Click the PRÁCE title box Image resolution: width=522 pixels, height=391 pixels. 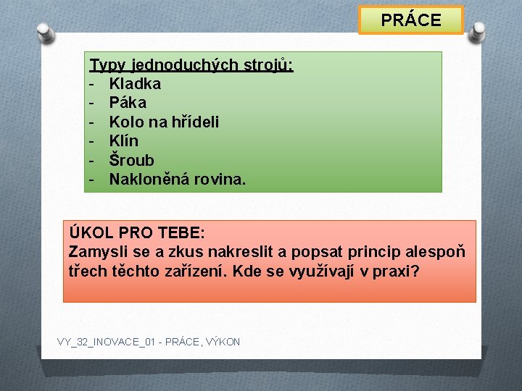tap(411, 20)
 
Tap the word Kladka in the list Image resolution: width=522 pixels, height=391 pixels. tap(135, 84)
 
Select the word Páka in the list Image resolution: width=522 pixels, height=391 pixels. tap(128, 103)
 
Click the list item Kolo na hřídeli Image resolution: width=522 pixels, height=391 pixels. tap(164, 122)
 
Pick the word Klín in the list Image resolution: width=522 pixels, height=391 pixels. tap(124, 140)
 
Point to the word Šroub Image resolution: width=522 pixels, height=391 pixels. tap(131, 159)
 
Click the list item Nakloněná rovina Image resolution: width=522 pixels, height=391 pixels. tap(178, 179)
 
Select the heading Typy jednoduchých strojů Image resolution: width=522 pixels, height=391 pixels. tap(191, 65)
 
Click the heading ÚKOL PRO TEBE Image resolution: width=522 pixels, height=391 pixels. tap(138, 233)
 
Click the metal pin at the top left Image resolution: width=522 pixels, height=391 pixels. tap(45, 33)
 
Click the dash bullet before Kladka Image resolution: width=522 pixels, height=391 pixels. tap(93, 84)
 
